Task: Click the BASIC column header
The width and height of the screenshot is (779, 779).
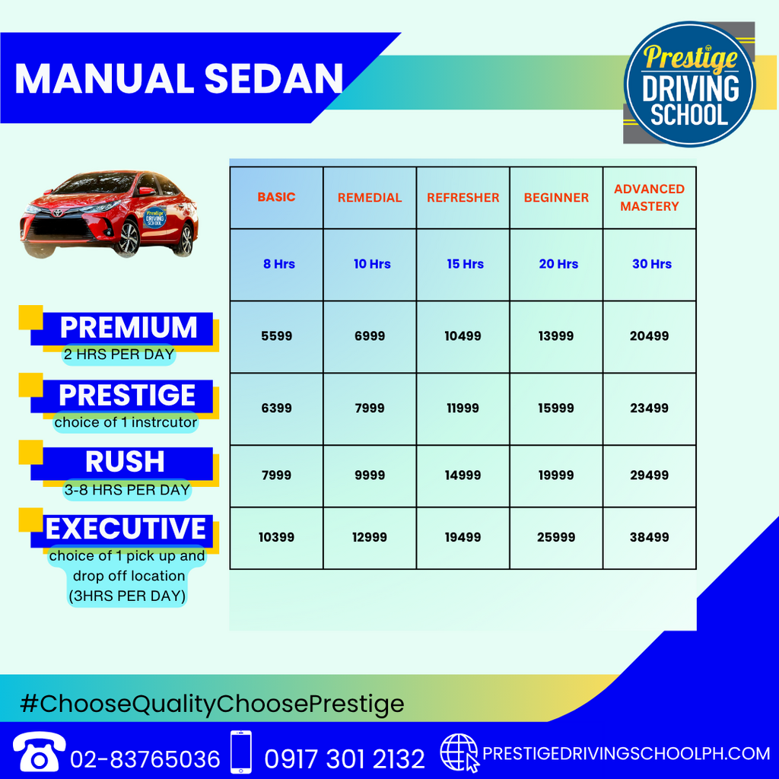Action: pyautogui.click(x=276, y=197)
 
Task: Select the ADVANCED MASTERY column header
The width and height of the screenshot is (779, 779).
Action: pyautogui.click(x=650, y=198)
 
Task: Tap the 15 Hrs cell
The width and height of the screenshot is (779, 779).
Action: pyautogui.click(x=465, y=264)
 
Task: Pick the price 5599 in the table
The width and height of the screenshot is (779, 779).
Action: pyautogui.click(x=277, y=335)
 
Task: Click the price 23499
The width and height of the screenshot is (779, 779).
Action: pyautogui.click(x=650, y=408)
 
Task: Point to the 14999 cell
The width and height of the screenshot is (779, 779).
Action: pyautogui.click(x=463, y=475)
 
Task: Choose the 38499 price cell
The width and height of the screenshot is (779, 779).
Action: pyautogui.click(x=650, y=537)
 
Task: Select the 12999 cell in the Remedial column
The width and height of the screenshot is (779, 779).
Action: pyautogui.click(x=369, y=537)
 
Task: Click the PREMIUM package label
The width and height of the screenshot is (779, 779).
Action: pyautogui.click(x=129, y=327)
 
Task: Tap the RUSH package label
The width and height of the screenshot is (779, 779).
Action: pyautogui.click(x=125, y=462)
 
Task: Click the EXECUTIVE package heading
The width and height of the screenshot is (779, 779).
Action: pyautogui.click(x=126, y=528)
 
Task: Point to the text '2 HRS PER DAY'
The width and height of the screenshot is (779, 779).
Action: pyautogui.click(x=119, y=355)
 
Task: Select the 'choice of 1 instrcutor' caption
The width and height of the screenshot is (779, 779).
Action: pyautogui.click(x=126, y=422)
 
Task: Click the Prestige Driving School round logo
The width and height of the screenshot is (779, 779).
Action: pyautogui.click(x=689, y=84)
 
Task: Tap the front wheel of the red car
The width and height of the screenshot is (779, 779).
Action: pyautogui.click(x=129, y=238)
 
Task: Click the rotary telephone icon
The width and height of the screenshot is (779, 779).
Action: pyautogui.click(x=39, y=752)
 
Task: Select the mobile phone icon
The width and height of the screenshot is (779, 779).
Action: pyautogui.click(x=241, y=752)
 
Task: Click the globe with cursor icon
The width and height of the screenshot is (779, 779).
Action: pyautogui.click(x=459, y=753)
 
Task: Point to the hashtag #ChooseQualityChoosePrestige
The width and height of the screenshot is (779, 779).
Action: pyautogui.click(x=212, y=704)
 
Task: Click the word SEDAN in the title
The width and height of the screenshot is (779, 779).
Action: pyautogui.click(x=274, y=78)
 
